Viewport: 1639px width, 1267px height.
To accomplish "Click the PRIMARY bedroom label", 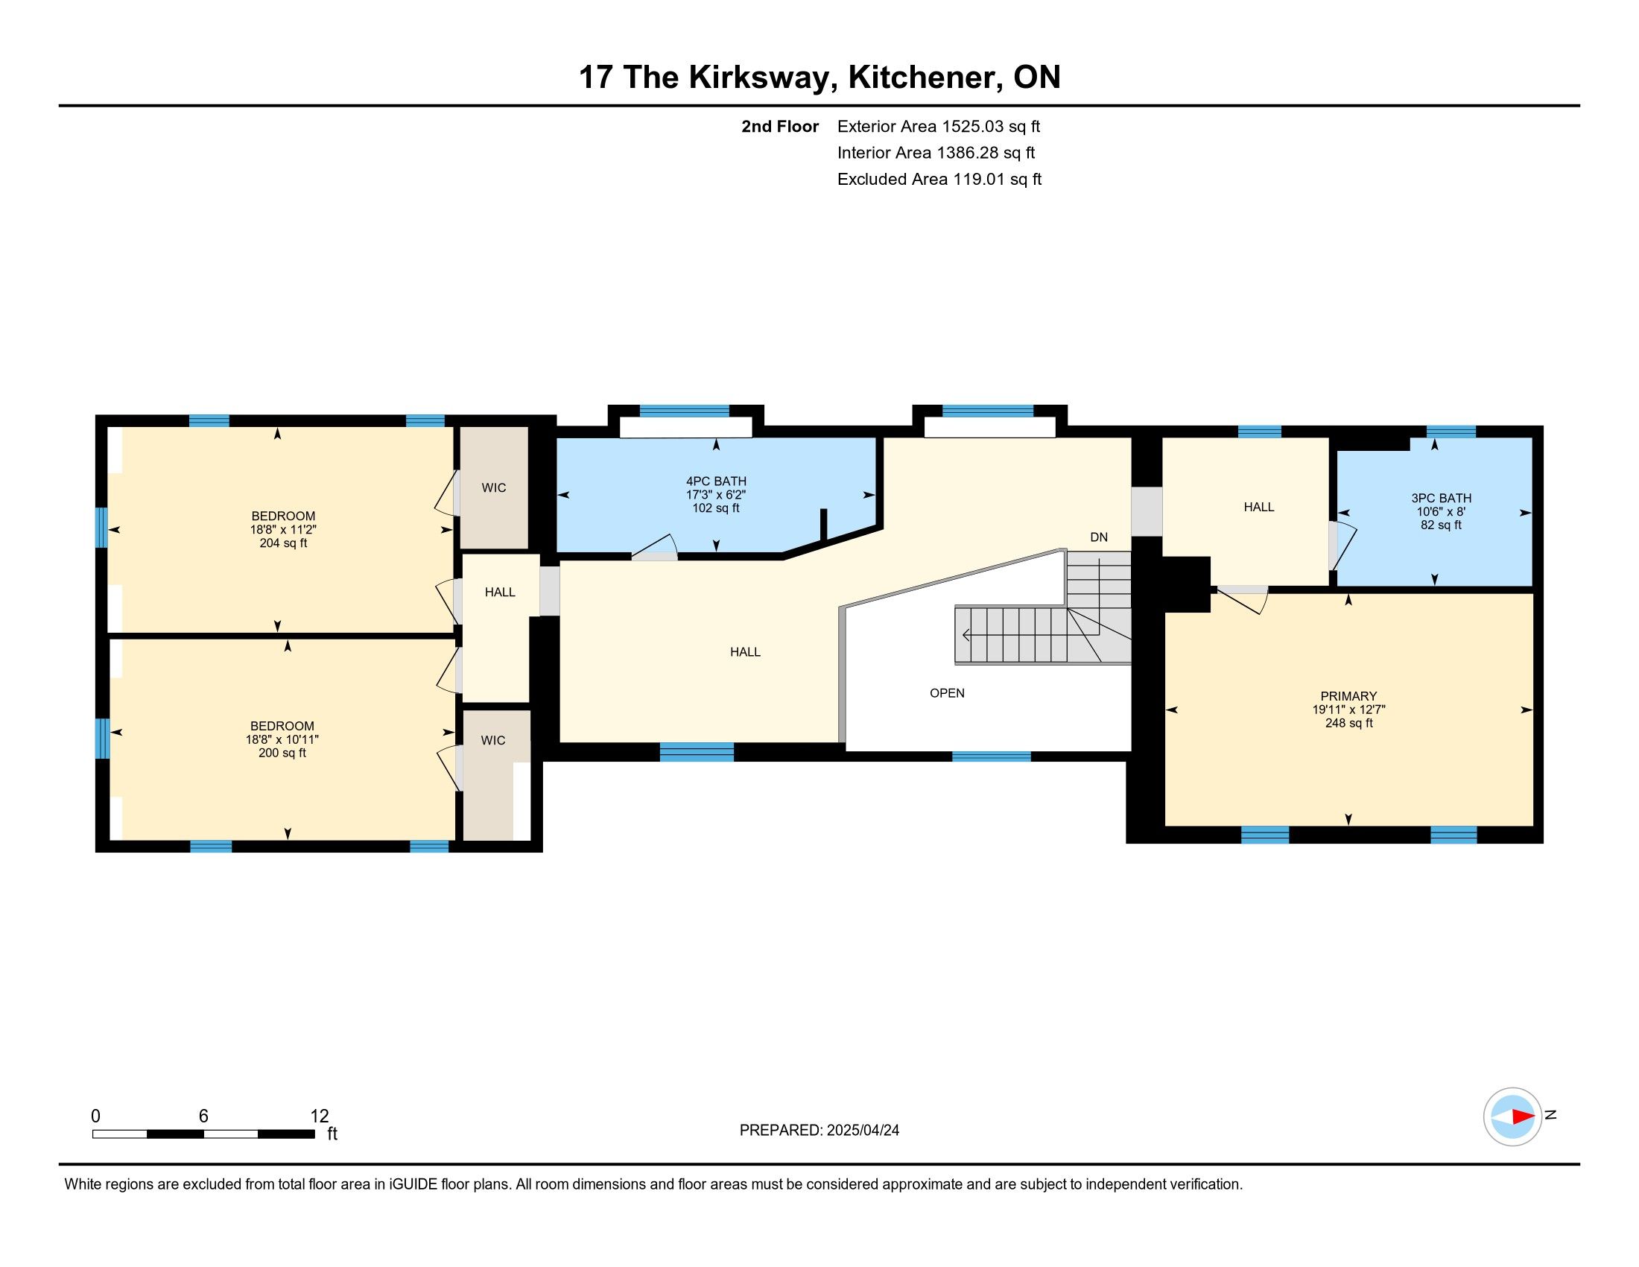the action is tap(1348, 696).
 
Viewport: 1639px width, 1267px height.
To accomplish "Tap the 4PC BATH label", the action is tap(716, 481).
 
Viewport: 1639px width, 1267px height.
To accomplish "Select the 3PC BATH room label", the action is tap(1441, 498).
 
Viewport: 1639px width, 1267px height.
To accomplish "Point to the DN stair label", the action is tap(1099, 537).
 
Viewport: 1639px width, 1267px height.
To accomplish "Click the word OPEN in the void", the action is tap(947, 693).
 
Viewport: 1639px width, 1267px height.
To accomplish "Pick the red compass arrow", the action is tap(1523, 1116).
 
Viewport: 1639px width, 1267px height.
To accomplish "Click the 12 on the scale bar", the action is tap(320, 1116).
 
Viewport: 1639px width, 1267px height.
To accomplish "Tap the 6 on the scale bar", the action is tap(203, 1116).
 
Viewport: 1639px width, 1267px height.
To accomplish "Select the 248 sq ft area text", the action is tap(1348, 723).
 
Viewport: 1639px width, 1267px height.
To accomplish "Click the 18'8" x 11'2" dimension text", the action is tap(283, 529).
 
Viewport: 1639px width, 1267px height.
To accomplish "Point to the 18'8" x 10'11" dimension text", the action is tap(282, 739).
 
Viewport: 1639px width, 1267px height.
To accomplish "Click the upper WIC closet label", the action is tap(494, 488).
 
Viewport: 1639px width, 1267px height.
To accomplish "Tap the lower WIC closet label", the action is tap(493, 740).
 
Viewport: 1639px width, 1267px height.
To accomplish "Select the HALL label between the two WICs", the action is tap(500, 593).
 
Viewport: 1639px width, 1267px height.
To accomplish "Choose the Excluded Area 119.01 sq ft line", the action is tap(939, 179).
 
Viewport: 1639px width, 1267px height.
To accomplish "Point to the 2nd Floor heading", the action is tap(780, 126).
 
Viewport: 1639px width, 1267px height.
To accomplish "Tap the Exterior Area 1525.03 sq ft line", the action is tap(939, 126).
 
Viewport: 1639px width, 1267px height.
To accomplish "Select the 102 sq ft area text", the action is tap(716, 508).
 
